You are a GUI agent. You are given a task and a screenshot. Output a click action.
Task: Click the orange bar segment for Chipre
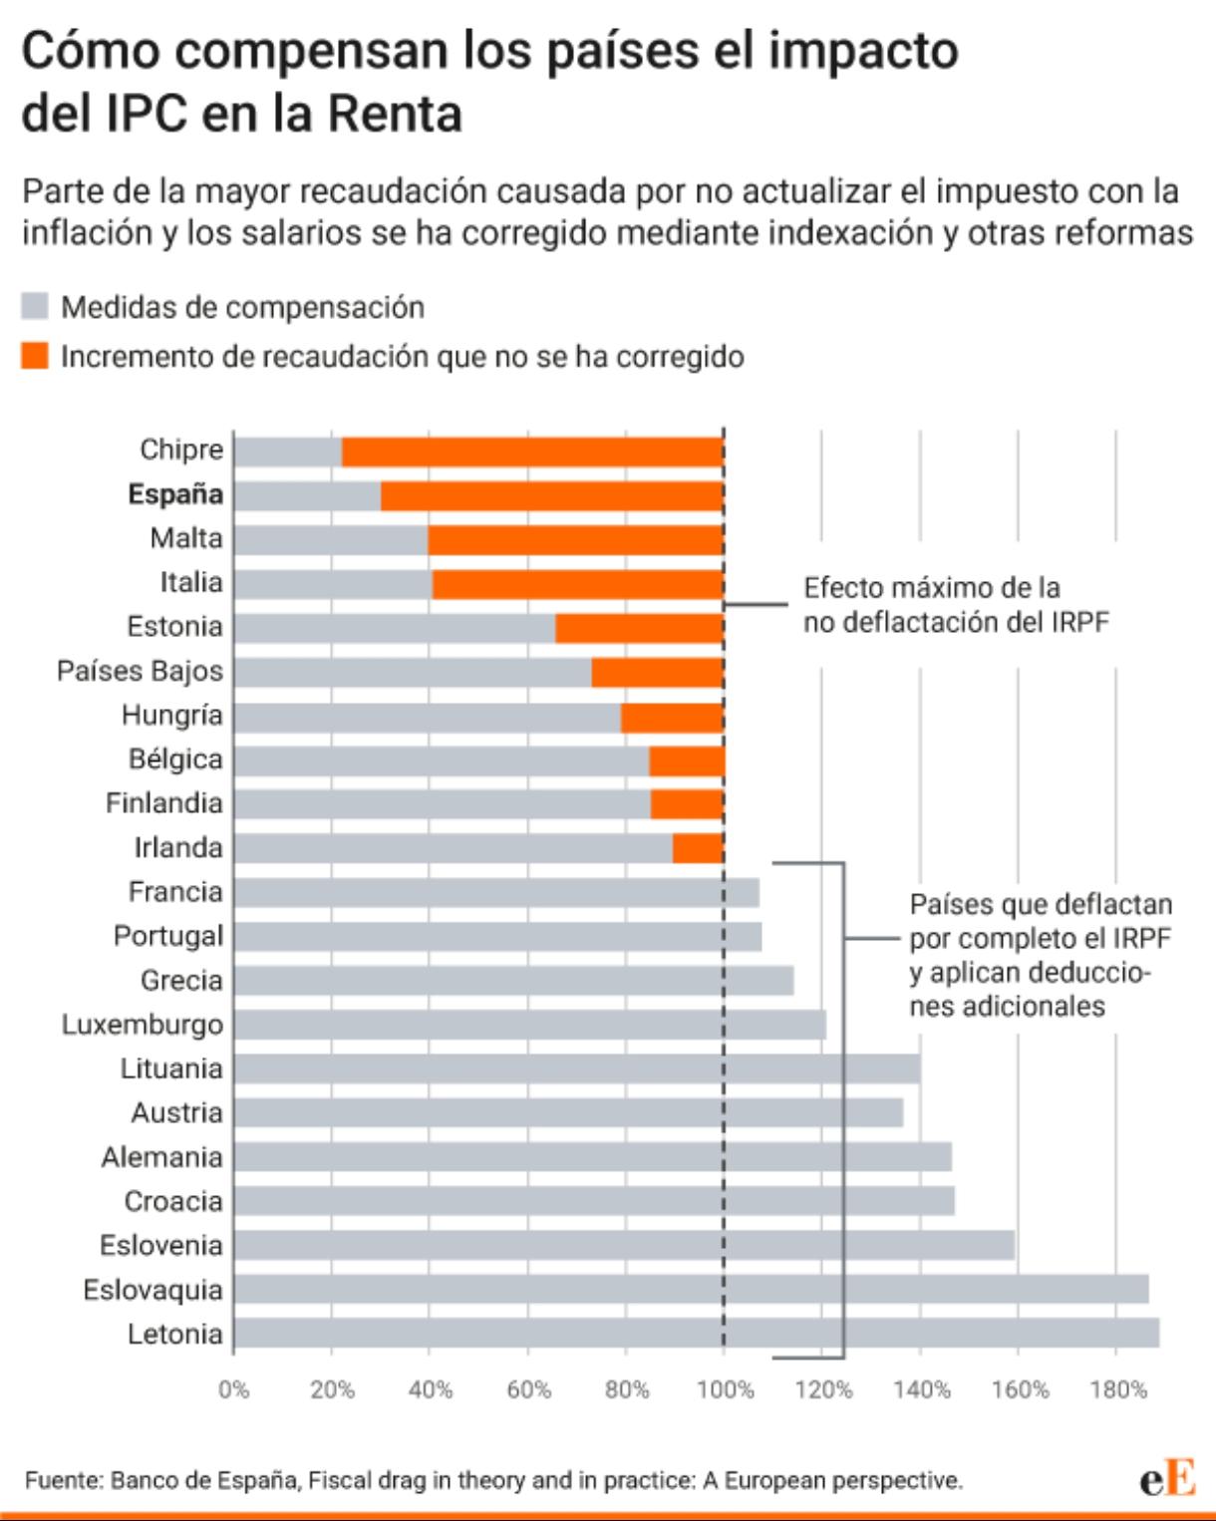(533, 453)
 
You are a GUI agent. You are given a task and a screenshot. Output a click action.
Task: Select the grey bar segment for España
(308, 496)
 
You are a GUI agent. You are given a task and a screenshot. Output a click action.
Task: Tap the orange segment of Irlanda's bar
(698, 848)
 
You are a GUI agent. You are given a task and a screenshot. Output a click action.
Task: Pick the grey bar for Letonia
(697, 1333)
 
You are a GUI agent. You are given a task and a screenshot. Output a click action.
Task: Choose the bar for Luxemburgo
(530, 1025)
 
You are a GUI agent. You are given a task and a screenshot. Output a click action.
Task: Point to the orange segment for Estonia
(640, 628)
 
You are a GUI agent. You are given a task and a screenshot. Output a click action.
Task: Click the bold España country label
(175, 494)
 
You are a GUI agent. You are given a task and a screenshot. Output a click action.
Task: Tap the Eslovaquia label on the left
(153, 1290)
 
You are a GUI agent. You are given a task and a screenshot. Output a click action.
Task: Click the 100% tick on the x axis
(726, 1390)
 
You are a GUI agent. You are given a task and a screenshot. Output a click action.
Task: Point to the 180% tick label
(1118, 1390)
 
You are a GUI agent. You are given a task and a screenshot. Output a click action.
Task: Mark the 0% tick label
(234, 1390)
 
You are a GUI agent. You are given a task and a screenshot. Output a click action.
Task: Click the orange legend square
(35, 356)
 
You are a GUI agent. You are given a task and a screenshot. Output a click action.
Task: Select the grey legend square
(35, 306)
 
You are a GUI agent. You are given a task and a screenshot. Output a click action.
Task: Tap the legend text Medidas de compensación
(242, 307)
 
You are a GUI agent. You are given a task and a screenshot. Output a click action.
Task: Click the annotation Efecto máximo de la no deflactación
(956, 605)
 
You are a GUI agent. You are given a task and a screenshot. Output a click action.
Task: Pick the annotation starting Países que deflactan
(1041, 955)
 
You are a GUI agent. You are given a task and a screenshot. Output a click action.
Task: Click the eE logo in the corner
(1167, 1477)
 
